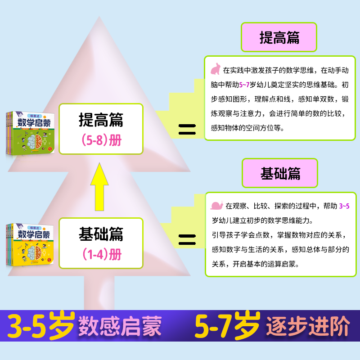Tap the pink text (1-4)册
coord(102,254)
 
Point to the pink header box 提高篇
coord(279,37)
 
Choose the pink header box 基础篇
coord(280,174)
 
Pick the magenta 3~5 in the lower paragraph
coord(343,206)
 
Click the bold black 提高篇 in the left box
coord(101,120)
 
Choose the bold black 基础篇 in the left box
coord(101,234)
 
